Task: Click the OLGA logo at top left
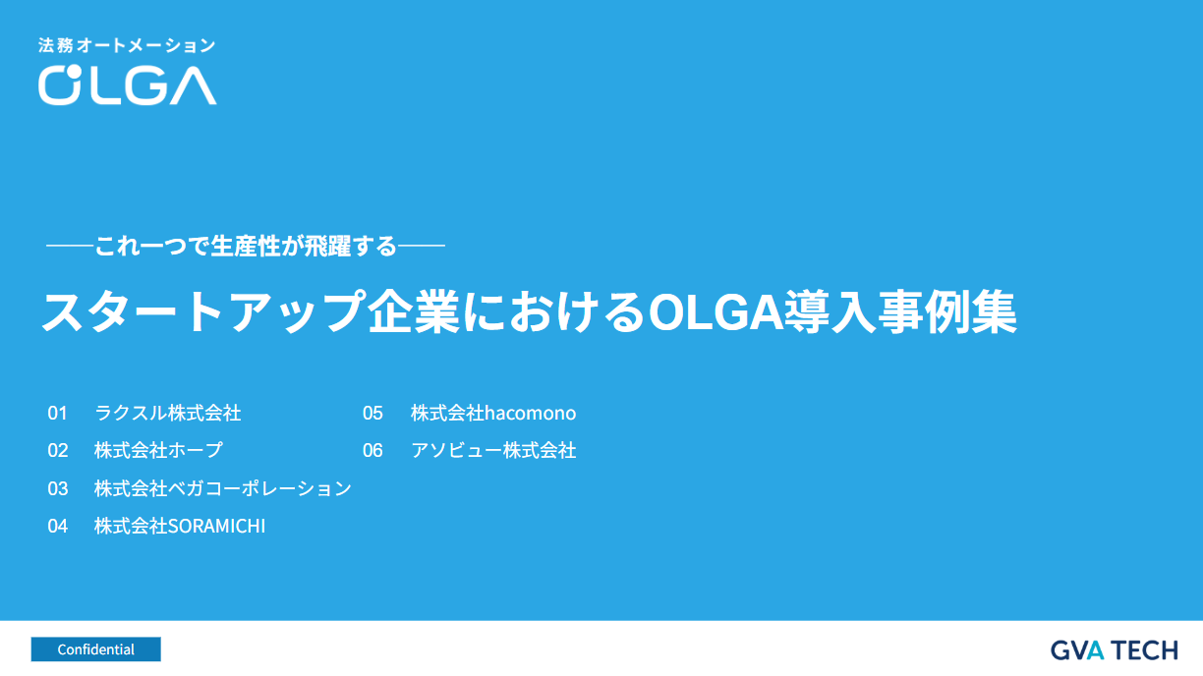coord(127,84)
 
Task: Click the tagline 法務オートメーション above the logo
coord(126,45)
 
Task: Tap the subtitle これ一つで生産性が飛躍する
coord(246,246)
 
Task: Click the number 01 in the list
coord(58,413)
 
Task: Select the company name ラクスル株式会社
coord(168,413)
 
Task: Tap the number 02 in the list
coord(58,451)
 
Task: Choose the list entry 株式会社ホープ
coord(158,451)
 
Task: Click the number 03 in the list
coord(58,488)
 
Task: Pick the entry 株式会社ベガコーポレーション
coord(223,488)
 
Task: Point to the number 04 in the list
coord(58,527)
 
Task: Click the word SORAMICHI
coord(217,527)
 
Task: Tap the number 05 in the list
coord(372,413)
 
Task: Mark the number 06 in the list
coord(372,451)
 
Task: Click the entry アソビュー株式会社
coord(493,451)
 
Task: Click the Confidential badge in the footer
coord(95,649)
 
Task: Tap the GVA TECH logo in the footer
coord(1114,649)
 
